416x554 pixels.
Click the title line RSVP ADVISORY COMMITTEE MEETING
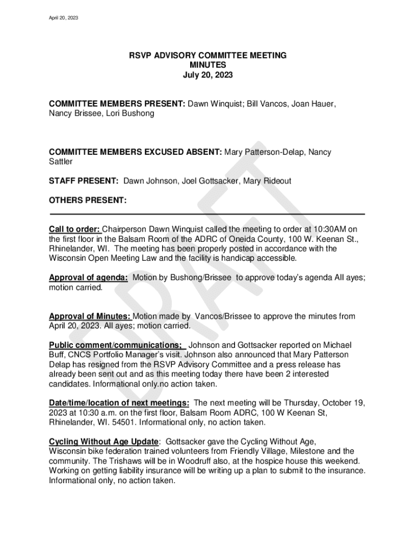(207, 56)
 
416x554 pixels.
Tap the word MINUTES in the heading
(207, 65)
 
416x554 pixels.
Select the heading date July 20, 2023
(207, 75)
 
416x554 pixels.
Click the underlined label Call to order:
(75, 228)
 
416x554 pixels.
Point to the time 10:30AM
(328, 228)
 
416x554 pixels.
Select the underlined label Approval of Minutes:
(90, 316)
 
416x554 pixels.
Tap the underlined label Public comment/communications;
(116, 345)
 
